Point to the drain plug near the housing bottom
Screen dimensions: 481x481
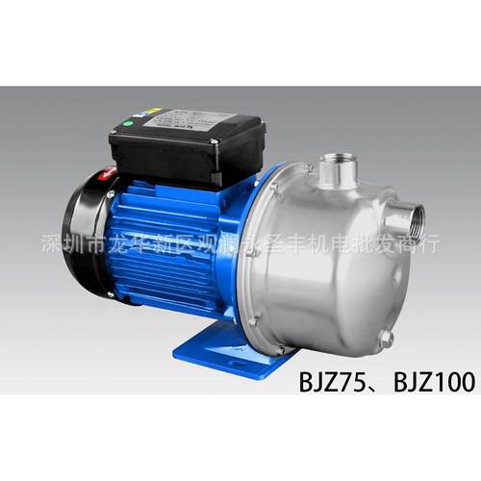point(385,339)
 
